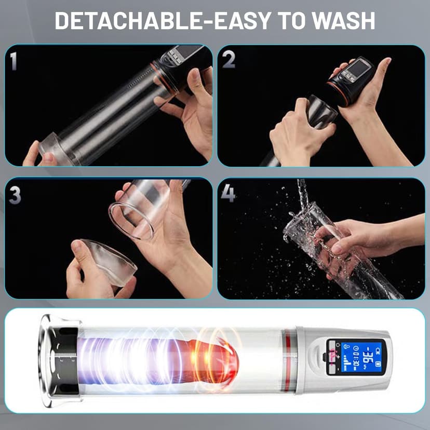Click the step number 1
(x=14, y=61)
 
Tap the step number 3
(x=15, y=194)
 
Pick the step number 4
(x=229, y=194)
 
